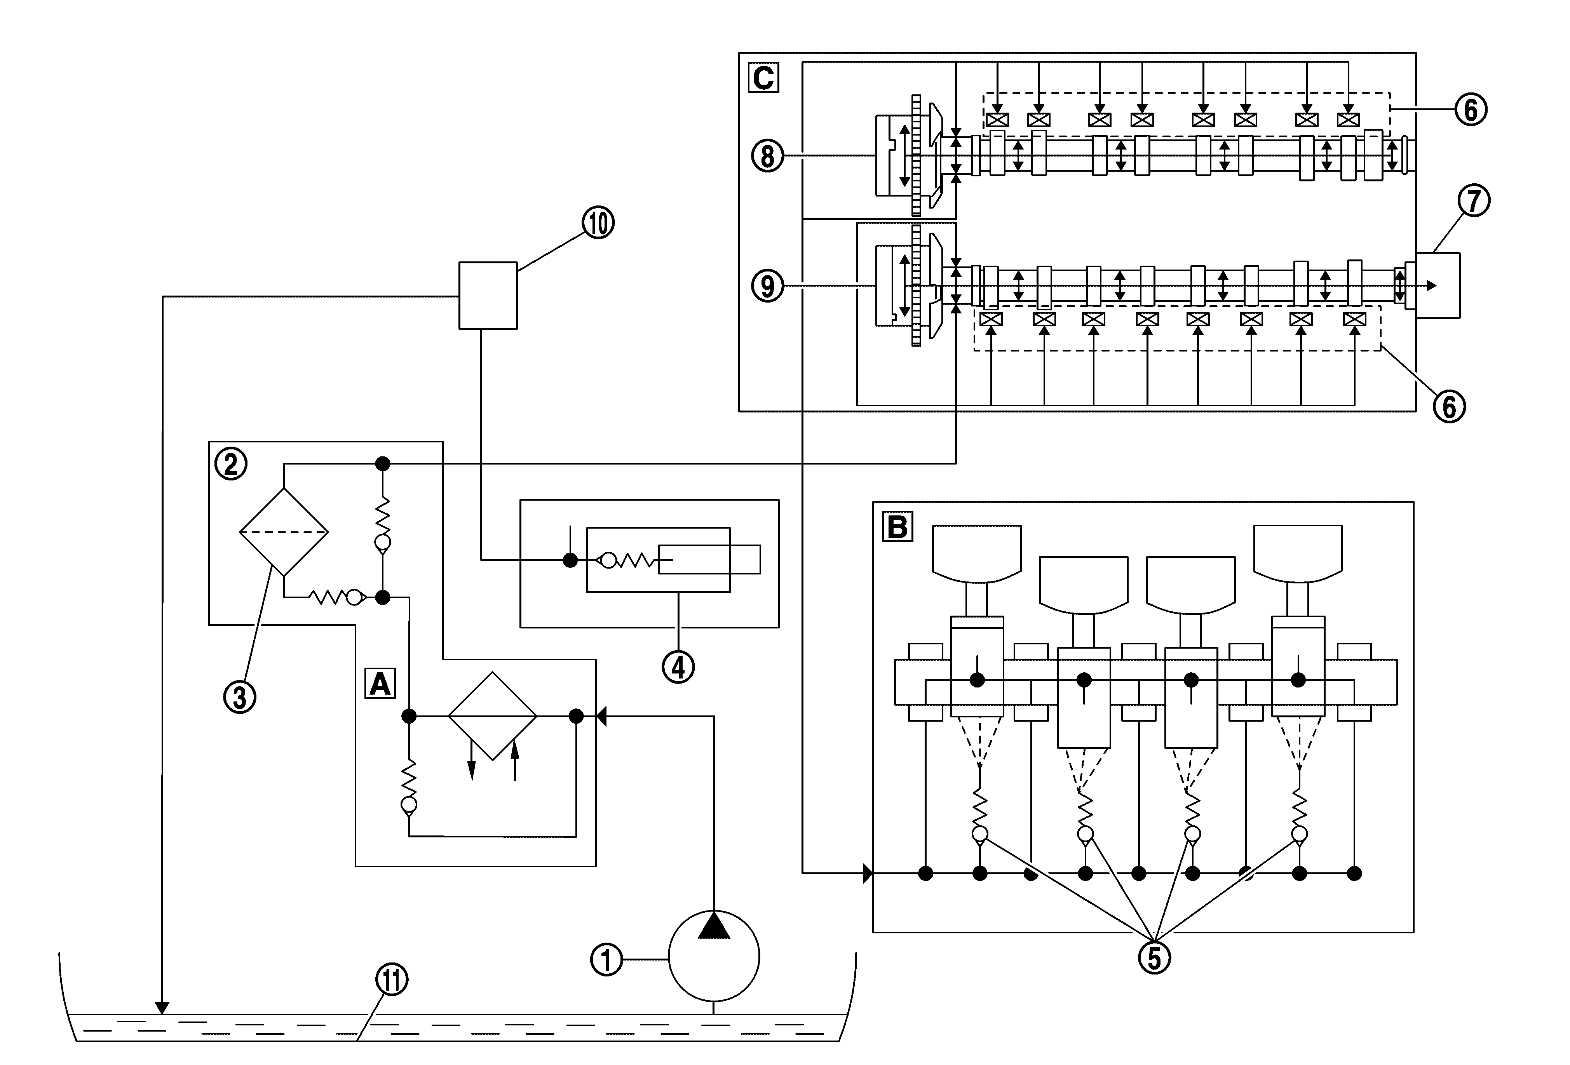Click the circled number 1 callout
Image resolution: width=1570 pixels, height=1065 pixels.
pos(606,960)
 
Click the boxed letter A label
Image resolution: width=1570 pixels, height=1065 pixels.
pos(380,684)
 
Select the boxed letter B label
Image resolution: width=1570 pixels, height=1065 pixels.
pos(897,527)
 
